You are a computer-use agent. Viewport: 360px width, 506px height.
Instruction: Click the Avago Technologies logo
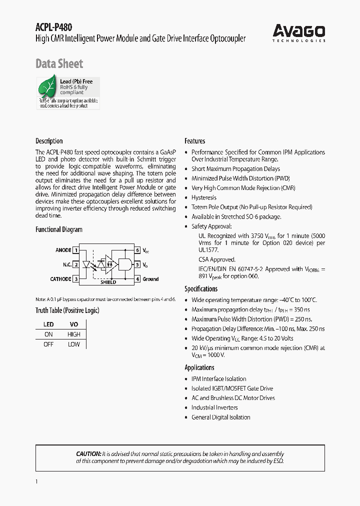click(298, 33)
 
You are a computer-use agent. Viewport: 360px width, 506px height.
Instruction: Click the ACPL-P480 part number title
click(50, 28)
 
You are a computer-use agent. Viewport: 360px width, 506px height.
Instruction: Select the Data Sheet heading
click(59, 64)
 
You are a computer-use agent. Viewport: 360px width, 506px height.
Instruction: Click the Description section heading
click(49, 141)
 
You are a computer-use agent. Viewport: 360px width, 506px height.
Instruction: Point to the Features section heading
click(194, 141)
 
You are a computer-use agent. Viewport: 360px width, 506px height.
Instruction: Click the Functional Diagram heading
click(58, 229)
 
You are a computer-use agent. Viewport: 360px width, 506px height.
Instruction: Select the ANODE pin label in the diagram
click(63, 250)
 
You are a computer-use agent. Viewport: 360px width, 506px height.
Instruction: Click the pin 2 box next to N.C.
click(76, 264)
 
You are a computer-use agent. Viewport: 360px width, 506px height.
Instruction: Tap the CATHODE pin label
click(60, 279)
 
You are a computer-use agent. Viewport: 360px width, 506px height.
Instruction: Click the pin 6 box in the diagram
click(137, 250)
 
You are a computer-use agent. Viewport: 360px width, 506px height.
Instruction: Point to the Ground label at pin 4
click(150, 279)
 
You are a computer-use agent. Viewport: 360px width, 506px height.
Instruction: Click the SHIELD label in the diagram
click(108, 282)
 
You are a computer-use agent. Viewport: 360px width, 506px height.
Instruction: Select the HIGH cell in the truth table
click(73, 334)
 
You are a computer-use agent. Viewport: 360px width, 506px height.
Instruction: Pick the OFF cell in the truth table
click(48, 344)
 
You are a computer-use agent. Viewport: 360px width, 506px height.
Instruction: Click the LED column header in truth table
click(48, 324)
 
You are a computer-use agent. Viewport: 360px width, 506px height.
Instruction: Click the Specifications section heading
click(201, 289)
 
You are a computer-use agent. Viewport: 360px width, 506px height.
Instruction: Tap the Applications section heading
click(199, 367)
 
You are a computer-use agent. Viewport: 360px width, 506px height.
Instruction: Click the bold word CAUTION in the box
click(88, 453)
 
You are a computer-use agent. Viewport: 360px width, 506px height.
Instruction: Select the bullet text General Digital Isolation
click(220, 417)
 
